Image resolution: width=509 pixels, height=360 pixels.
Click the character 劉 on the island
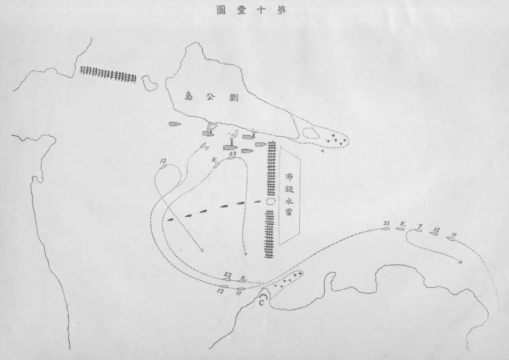233,96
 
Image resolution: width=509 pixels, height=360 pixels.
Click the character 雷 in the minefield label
289,212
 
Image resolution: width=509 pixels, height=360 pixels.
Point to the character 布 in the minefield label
289,177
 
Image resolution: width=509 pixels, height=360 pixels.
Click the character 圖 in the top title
222,10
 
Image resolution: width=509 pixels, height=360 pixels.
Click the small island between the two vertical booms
271,202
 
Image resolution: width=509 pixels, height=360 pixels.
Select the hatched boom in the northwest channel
108,75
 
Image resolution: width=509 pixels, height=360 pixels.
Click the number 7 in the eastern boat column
420,226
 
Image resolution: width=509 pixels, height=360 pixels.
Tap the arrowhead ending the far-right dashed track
460,262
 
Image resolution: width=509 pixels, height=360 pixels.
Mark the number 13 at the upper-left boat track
163,161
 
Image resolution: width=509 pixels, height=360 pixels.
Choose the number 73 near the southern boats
221,292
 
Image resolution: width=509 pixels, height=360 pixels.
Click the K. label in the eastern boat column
403,224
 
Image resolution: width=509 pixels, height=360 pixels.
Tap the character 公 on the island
212,96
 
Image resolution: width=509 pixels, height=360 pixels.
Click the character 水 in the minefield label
289,201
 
